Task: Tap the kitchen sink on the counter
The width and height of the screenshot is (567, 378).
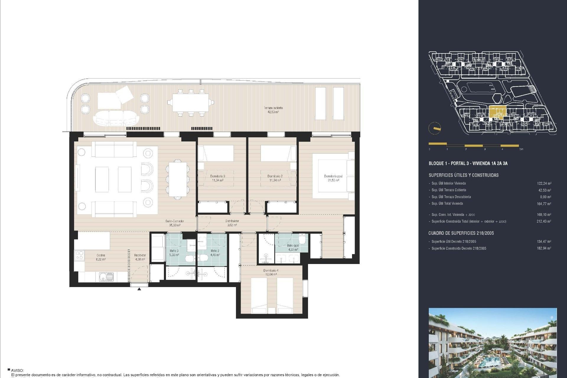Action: click(106, 277)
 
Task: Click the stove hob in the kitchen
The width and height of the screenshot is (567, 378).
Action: click(79, 255)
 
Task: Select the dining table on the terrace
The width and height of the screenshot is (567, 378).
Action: click(190, 102)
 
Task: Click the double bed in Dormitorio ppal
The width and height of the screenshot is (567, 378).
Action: click(332, 176)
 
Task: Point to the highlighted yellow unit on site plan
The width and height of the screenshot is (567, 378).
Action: click(498, 112)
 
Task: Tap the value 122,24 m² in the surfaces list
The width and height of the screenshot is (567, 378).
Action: click(544, 183)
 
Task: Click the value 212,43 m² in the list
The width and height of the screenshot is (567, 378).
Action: click(544, 221)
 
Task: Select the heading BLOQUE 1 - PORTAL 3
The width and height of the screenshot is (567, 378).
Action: click(468, 163)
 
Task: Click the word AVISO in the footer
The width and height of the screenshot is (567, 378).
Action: click(17, 370)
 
